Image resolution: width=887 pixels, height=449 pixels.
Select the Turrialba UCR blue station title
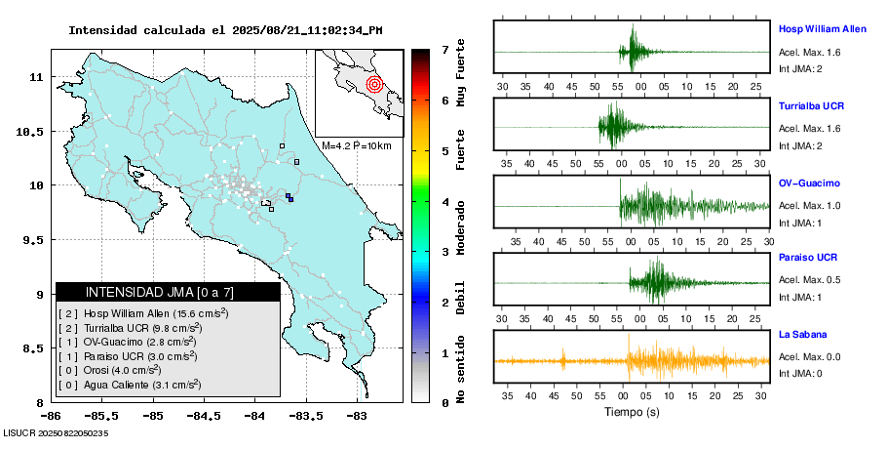(x=811, y=104)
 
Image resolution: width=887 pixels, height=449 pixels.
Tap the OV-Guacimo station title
(x=809, y=183)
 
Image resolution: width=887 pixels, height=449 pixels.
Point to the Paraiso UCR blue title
(x=807, y=258)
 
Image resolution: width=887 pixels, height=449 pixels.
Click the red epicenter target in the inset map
(x=374, y=84)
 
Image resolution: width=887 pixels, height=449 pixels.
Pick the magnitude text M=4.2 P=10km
(x=356, y=146)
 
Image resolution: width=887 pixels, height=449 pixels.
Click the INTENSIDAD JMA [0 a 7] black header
(x=168, y=292)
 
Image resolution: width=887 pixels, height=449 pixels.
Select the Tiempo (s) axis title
(x=632, y=412)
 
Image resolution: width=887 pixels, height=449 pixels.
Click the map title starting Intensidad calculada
(x=225, y=30)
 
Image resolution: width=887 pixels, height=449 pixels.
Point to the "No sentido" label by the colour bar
(x=460, y=372)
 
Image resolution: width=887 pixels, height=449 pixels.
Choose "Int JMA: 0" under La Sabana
(x=800, y=373)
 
